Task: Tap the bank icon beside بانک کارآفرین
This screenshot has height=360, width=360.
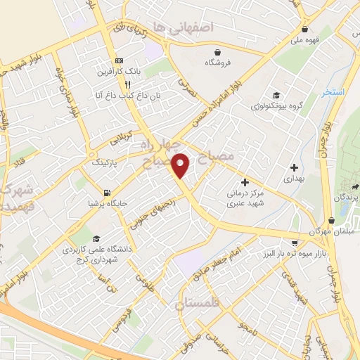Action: [119, 60]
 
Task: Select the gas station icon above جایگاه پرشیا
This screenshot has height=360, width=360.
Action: [105, 193]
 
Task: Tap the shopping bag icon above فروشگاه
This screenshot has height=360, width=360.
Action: [218, 51]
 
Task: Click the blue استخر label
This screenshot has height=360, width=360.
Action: [335, 92]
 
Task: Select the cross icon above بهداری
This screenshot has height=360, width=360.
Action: [294, 167]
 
